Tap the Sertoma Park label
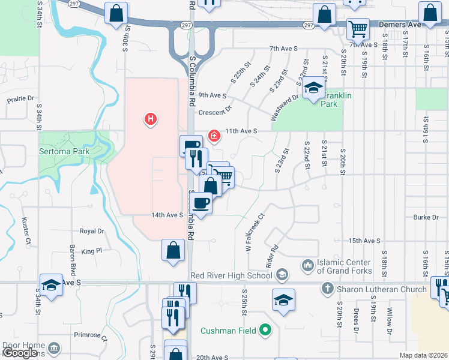pos(64,151)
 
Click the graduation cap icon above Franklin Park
pos(312,89)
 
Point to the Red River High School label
pos(231,275)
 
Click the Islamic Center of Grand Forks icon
pos(307,265)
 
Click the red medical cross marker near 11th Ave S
pos(213,136)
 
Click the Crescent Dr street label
pos(214,111)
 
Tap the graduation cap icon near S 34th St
pos(52,285)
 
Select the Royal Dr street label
pos(92,230)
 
